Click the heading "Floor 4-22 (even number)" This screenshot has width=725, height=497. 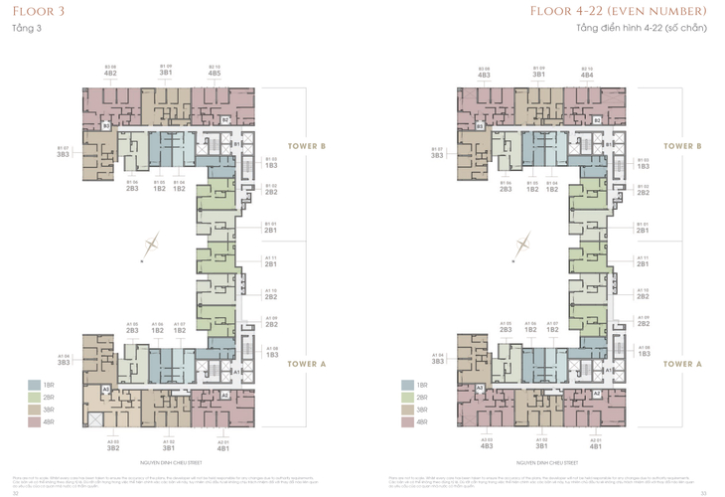pyautogui.click(x=645, y=11)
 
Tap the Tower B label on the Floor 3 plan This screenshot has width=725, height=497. pyautogui.click(x=308, y=146)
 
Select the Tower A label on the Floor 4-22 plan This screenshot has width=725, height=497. pyautogui.click(x=683, y=364)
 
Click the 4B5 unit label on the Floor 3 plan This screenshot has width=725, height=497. pyautogui.click(x=215, y=74)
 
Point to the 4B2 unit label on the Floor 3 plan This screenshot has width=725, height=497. pyautogui.click(x=110, y=74)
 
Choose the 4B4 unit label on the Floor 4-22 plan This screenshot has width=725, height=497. pyautogui.click(x=586, y=74)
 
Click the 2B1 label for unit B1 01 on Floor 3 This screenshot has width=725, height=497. pyautogui.click(x=271, y=230)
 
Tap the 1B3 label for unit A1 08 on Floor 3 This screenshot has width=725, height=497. pyautogui.click(x=271, y=353)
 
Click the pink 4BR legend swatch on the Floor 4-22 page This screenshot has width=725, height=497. pyautogui.click(x=408, y=420)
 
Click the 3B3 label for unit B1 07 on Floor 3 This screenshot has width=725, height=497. pyautogui.click(x=63, y=155)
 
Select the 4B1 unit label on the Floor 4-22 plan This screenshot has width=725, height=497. pyautogui.click(x=596, y=448)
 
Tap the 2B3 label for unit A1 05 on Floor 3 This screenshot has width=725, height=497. pyautogui.click(x=132, y=330)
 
